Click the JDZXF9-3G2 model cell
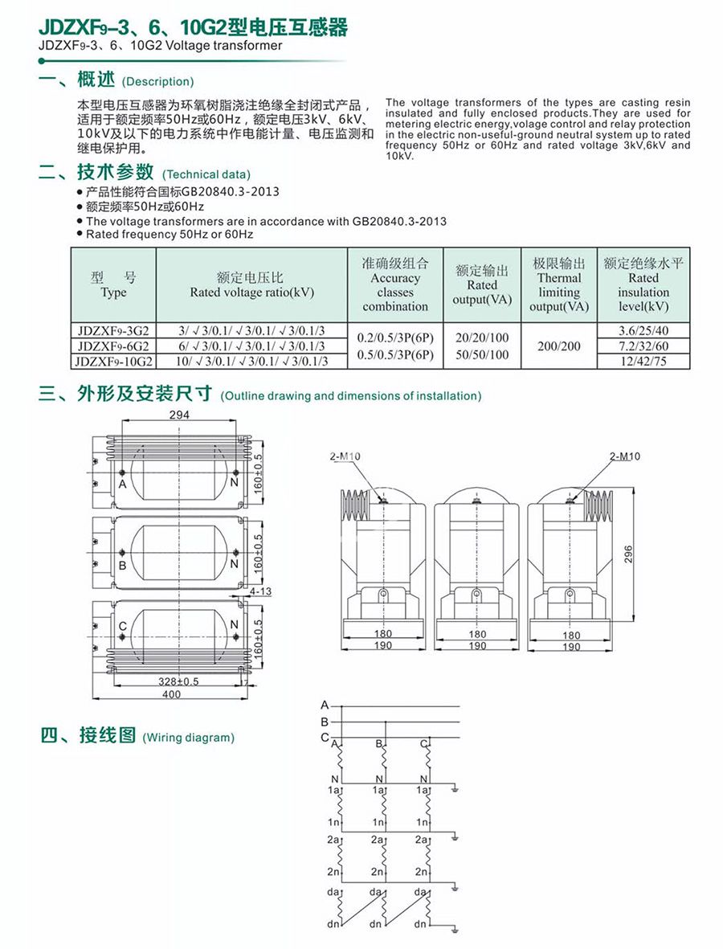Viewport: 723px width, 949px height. click(x=113, y=331)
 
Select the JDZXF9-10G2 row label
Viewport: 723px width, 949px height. click(x=113, y=361)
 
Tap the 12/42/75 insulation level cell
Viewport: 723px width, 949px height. click(x=643, y=361)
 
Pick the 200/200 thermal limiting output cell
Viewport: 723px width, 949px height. click(x=559, y=346)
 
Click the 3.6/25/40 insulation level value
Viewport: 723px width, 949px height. click(x=643, y=331)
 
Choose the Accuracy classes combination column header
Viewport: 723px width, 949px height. click(x=394, y=285)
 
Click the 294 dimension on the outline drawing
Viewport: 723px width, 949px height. click(x=180, y=415)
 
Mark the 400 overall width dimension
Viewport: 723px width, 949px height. click(x=171, y=693)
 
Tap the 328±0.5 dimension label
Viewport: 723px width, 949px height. click(x=178, y=681)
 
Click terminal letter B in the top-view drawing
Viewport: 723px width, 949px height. click(x=122, y=565)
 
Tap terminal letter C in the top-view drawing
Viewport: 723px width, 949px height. click(x=122, y=627)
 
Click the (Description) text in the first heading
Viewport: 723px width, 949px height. click(x=157, y=82)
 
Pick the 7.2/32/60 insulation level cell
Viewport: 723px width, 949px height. click(x=643, y=346)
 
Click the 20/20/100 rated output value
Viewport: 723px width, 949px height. click(x=482, y=338)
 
